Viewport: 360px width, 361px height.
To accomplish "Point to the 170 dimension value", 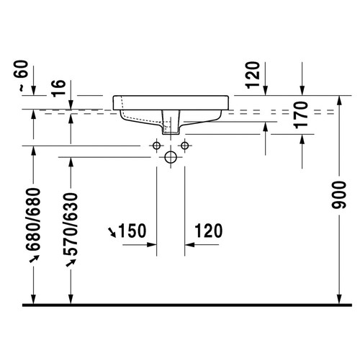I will point(302,115).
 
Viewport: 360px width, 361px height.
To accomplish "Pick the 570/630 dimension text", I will point(71,224).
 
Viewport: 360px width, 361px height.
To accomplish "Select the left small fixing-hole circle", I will point(156,146).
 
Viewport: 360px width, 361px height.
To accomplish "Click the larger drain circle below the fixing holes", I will point(171,156).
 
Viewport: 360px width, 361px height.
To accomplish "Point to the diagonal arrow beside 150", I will point(112,231).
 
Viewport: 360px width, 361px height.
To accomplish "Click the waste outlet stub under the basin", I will point(171,123).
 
